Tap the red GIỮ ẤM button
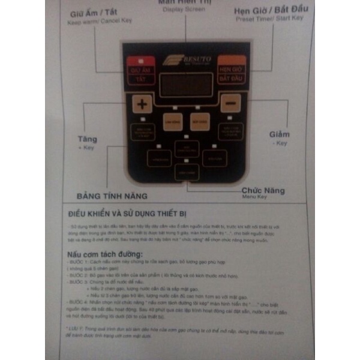pos(140,70)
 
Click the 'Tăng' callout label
pos(87,139)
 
